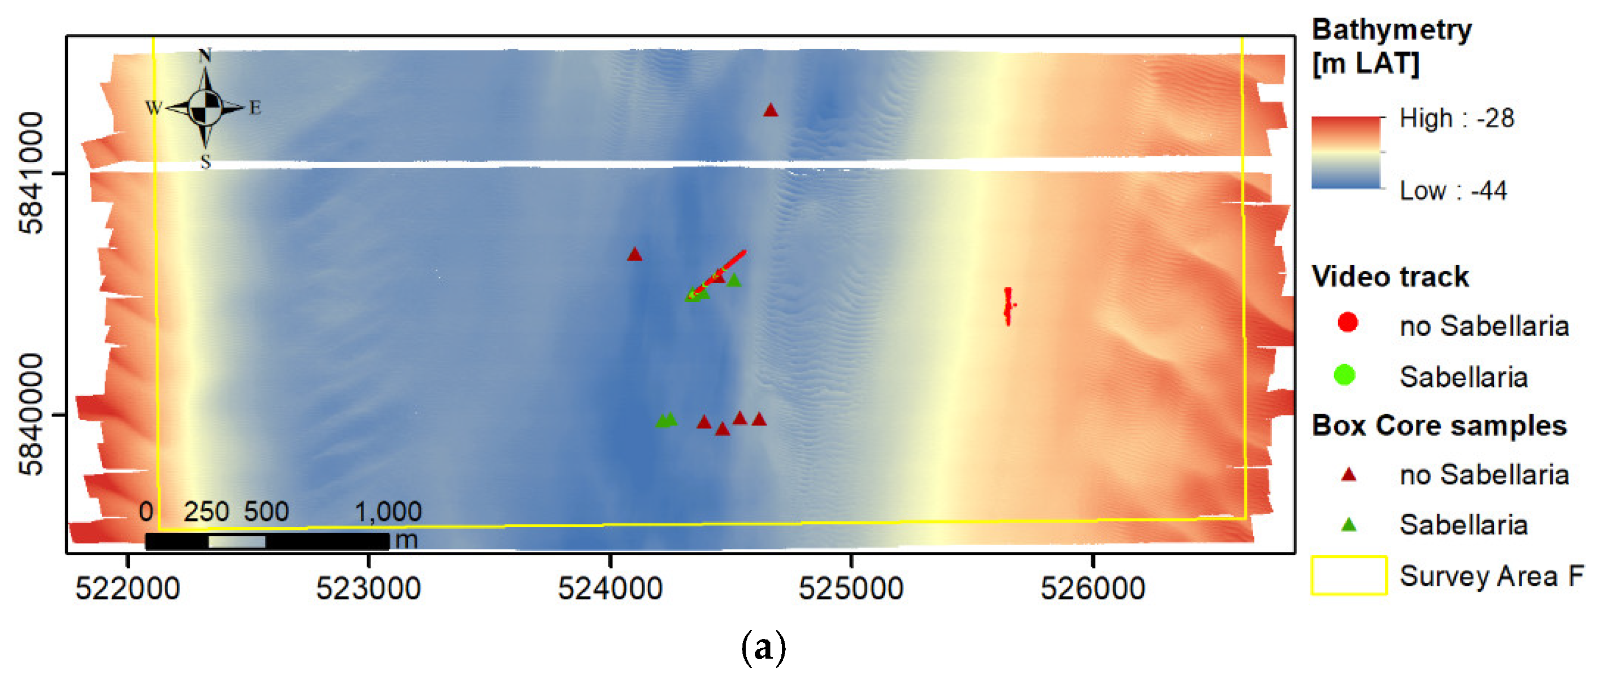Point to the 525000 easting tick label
pyautogui.click(x=851, y=589)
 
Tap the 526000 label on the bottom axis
pyautogui.click(x=1092, y=589)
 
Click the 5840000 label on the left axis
pyautogui.click(x=31, y=414)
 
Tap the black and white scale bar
pyautogui.click(x=267, y=541)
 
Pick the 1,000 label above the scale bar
pyautogui.click(x=388, y=512)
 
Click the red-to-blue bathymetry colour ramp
pyautogui.click(x=1346, y=153)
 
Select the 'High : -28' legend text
pyautogui.click(x=1456, y=118)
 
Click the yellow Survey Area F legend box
pyautogui.click(x=1349, y=575)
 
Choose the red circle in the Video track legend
pyautogui.click(x=1347, y=323)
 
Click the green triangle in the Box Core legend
pyautogui.click(x=1349, y=524)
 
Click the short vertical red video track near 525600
pyautogui.click(x=1008, y=306)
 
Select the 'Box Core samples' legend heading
pyautogui.click(x=1438, y=426)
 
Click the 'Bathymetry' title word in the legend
pyautogui.click(x=1392, y=30)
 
